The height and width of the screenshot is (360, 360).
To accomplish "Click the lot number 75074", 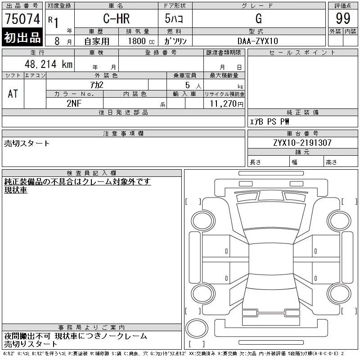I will pyautogui.click(x=22, y=19).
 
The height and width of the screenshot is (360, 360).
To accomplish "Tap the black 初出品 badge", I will pyautogui.click(x=22, y=38).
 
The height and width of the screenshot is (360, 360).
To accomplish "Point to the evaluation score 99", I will pyautogui.click(x=343, y=19).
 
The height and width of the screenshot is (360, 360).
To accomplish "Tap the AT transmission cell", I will pyautogui.click(x=13, y=93).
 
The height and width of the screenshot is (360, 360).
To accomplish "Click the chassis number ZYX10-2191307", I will pyautogui.click(x=302, y=143).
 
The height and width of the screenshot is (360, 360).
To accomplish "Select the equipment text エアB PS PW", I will pyautogui.click(x=270, y=121).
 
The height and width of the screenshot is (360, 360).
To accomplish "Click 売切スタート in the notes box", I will pyautogui.click(x=27, y=144).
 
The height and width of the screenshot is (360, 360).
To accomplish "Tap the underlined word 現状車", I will pyautogui.click(x=16, y=190).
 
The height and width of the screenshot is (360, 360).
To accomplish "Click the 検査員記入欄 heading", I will pyautogui.click(x=92, y=173).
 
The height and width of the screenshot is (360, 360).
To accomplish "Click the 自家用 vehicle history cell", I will pyautogui.click(x=97, y=40).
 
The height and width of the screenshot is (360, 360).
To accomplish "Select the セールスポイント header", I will pyautogui.click(x=302, y=52).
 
